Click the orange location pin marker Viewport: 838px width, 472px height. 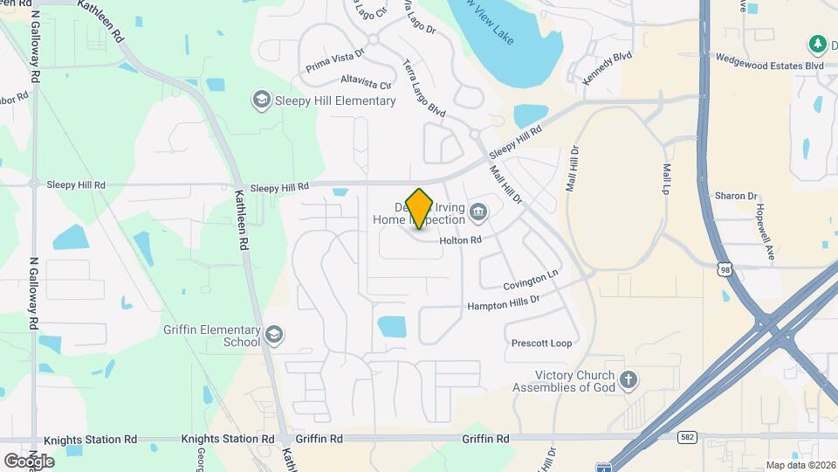420,208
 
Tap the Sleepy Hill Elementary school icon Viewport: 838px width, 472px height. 261,101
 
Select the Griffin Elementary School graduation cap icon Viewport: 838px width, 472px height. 274,336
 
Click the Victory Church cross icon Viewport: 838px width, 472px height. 628,380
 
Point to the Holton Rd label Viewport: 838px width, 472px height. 461,239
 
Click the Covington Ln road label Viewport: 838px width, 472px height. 530,281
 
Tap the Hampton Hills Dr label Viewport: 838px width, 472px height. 504,302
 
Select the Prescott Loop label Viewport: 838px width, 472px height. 541,344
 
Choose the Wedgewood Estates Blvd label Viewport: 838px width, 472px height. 769,66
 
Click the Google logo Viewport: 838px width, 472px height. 29,461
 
